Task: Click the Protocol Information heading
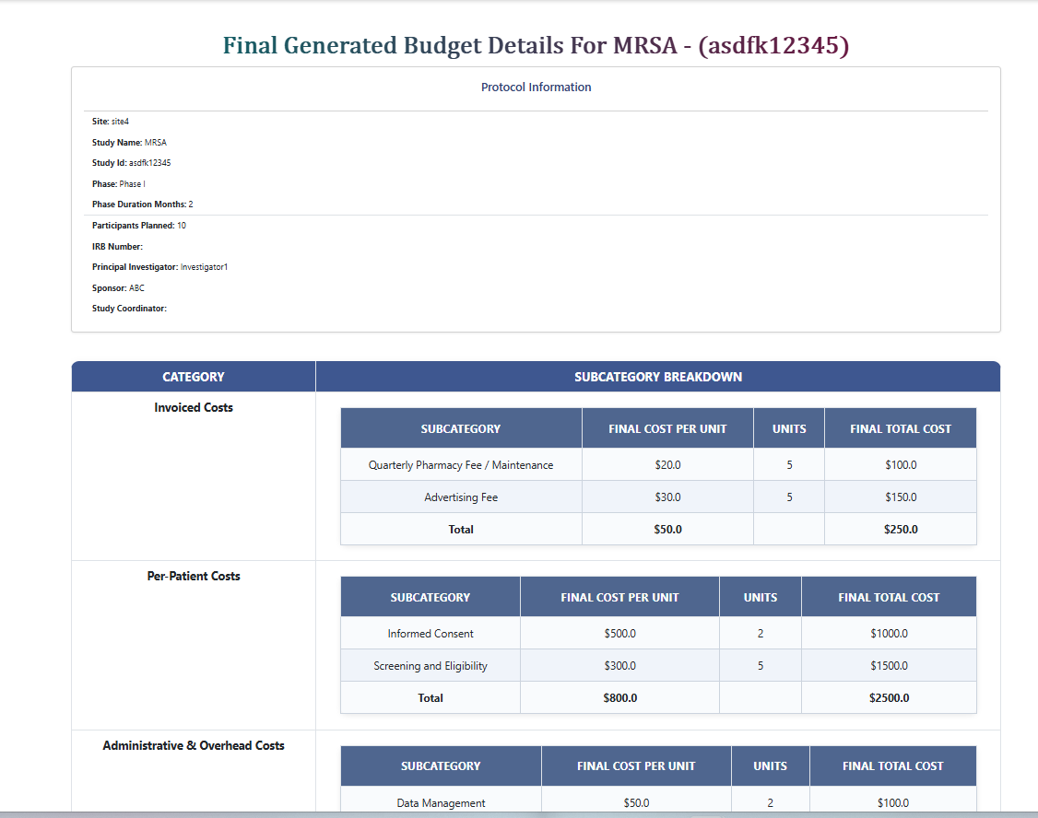pyautogui.click(x=536, y=88)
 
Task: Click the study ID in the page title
pyautogui.click(x=773, y=45)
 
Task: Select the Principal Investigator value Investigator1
pyautogui.click(x=204, y=267)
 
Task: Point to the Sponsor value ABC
pyautogui.click(x=136, y=288)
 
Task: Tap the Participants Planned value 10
pyautogui.click(x=182, y=226)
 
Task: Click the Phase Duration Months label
pyautogui.click(x=138, y=204)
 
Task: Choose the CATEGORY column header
pyautogui.click(x=194, y=377)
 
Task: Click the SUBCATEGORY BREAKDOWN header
pyautogui.click(x=657, y=377)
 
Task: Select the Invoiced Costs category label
pyautogui.click(x=194, y=408)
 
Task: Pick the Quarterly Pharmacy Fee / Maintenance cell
pyautogui.click(x=461, y=465)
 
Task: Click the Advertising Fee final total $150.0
pyautogui.click(x=901, y=497)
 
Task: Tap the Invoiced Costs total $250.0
pyautogui.click(x=901, y=530)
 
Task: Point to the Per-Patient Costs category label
pyautogui.click(x=194, y=577)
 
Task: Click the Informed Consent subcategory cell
pyautogui.click(x=431, y=634)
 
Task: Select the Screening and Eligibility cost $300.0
pyautogui.click(x=619, y=666)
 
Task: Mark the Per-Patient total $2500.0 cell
pyautogui.click(x=889, y=698)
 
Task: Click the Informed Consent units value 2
pyautogui.click(x=761, y=634)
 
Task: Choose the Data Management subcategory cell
pyautogui.click(x=441, y=803)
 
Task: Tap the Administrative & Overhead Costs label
pyautogui.click(x=194, y=746)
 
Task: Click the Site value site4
pyautogui.click(x=120, y=122)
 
